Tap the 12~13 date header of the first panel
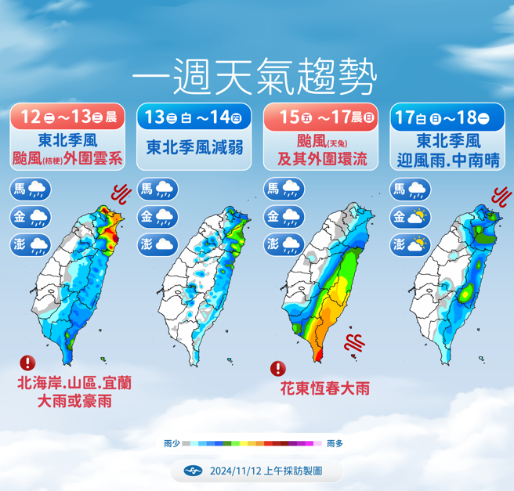pos(68,118)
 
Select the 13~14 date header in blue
pos(194,118)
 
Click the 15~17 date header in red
pos(320,118)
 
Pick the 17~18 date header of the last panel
pos(446,118)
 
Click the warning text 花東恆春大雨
pos(324,388)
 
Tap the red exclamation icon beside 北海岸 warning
pos(28,363)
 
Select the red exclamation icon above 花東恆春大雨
pos(278,368)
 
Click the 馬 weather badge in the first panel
pos(31,190)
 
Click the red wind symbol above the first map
pos(121,192)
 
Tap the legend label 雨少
pos(172,443)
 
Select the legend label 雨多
pos(335,443)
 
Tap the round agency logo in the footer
pos(192,471)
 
